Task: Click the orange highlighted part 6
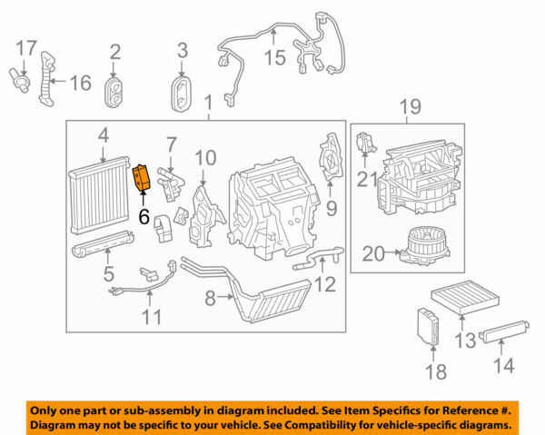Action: pos(143,178)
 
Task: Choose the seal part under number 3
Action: pos(182,93)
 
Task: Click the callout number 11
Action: pos(152,317)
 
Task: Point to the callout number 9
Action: pos(331,208)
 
